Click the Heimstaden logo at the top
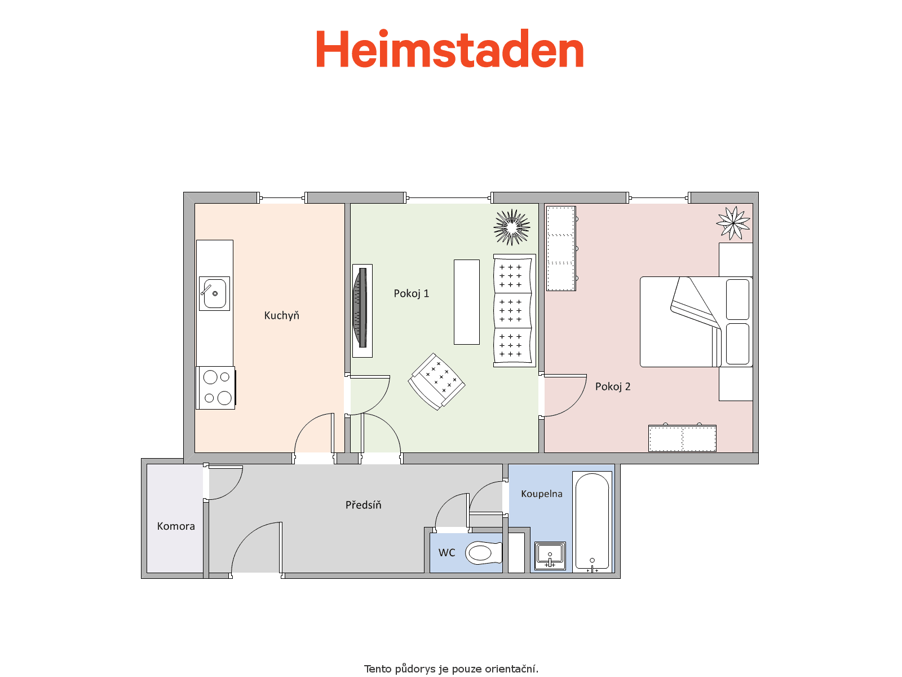click(449, 49)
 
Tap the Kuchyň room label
click(281, 315)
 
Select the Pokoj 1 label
click(412, 293)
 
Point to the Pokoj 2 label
click(613, 386)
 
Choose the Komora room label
click(176, 526)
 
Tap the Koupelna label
click(542, 494)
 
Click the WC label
click(446, 552)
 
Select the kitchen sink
click(214, 293)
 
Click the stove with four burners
click(216, 388)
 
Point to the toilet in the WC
click(484, 552)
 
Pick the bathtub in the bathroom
click(592, 522)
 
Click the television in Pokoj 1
click(362, 311)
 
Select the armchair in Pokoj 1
click(436, 381)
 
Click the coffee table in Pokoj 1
click(466, 302)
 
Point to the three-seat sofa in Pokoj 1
click(514, 310)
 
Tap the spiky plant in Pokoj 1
click(512, 227)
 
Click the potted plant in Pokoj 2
click(733, 223)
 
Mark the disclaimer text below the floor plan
click(451, 669)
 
